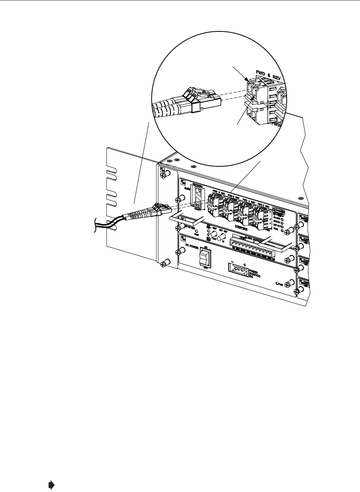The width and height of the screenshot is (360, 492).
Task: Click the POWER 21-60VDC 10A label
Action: click(x=255, y=274)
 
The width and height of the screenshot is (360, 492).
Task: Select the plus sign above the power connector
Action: click(x=245, y=264)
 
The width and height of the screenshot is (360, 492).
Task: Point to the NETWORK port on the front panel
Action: click(x=197, y=194)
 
